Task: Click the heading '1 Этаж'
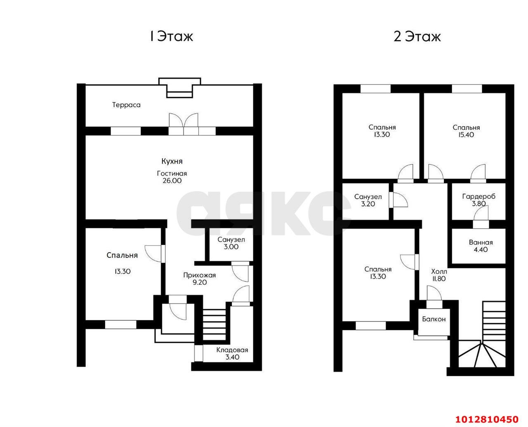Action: pos(171,37)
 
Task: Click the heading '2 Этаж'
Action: pos(417,37)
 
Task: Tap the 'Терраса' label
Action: pos(126,105)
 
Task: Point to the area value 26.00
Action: pos(172,181)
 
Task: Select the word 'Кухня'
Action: pos(172,161)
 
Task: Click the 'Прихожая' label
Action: pos(200,275)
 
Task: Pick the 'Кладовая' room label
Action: pos(232,350)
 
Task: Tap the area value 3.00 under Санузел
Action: pos(231,247)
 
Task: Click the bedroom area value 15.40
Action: pos(466,135)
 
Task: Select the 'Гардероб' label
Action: pos(478,197)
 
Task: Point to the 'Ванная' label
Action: pos(481,242)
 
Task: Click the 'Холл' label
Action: pos(439,271)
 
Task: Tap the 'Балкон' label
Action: pos(434,319)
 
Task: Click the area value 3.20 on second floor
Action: pos(368,204)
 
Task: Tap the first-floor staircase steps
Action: pos(214,324)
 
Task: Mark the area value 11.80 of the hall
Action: pos(439,279)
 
